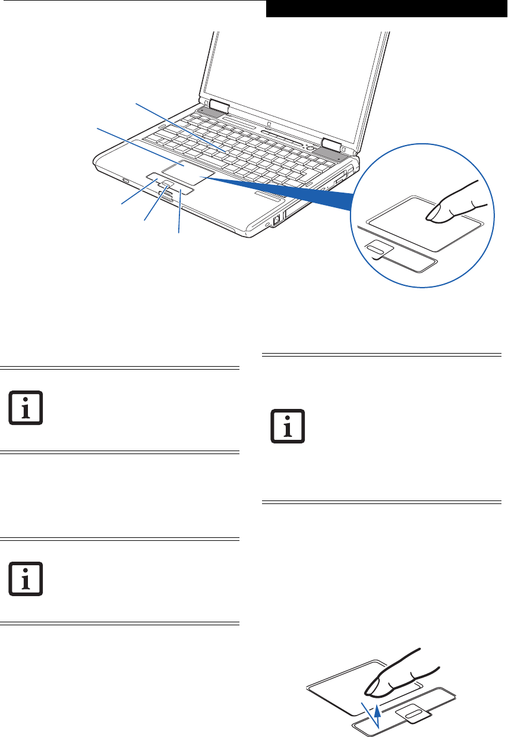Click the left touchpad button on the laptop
coord(152,178)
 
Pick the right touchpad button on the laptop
coord(185,191)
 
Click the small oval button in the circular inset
coord(377,250)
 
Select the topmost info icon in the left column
coord(26,408)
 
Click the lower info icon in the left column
coord(26,578)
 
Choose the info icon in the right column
coord(287,426)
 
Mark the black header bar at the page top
coord(386,9)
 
